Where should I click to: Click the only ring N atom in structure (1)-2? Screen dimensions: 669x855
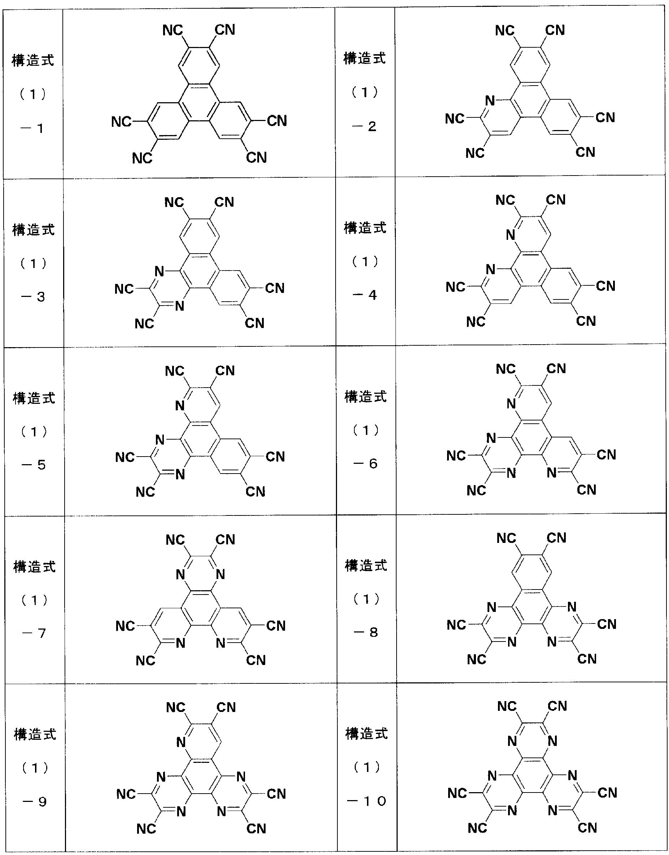490,101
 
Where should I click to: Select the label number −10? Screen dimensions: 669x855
367,801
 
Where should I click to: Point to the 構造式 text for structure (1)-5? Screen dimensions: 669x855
34,399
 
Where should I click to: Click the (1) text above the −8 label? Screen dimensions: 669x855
366,599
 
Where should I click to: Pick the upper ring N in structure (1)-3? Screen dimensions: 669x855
159,271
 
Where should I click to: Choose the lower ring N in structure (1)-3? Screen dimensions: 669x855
179,306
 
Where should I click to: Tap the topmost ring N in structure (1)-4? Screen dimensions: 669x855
510,235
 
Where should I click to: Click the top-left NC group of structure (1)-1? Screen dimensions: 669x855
173,30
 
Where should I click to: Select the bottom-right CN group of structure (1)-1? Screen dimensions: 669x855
256,157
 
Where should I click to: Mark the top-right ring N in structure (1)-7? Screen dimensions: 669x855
220,575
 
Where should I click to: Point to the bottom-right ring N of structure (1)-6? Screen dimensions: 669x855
551,473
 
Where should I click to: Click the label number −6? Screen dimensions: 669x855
366,464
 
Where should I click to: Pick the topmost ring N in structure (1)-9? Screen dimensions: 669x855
180,742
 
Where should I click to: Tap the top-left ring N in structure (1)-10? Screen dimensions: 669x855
512,741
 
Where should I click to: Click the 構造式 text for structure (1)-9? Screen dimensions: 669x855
35,734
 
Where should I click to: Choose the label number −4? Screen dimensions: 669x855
365,295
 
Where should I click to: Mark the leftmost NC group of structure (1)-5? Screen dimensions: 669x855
125,457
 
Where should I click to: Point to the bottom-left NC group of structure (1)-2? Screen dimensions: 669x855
475,153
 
